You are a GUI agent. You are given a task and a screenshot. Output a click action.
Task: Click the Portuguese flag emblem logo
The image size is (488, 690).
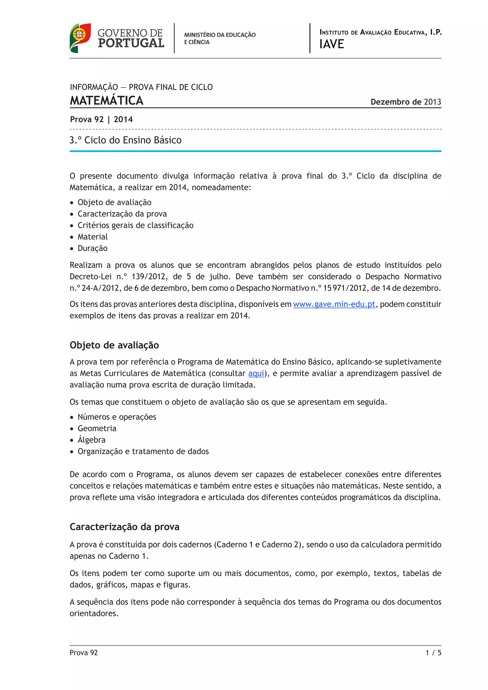coord(80,38)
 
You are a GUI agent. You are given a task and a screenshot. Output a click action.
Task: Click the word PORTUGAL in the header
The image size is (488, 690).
coord(131,43)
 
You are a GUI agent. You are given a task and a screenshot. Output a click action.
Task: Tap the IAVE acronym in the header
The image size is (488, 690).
coord(331,44)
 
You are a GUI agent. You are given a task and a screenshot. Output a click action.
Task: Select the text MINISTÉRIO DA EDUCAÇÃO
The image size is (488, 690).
coord(220,35)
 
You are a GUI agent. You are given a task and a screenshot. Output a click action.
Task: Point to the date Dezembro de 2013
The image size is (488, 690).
coord(406,102)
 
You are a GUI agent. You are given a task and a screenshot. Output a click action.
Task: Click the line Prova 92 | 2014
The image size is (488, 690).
coord(101,119)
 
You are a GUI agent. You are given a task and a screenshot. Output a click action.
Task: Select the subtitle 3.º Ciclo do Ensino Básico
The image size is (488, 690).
coord(126,140)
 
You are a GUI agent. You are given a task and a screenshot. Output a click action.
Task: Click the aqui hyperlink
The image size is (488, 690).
coord(256,373)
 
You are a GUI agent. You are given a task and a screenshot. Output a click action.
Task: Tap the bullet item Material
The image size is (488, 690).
coord(92,237)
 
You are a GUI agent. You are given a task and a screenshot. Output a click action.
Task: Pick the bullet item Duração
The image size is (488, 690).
coord(92,248)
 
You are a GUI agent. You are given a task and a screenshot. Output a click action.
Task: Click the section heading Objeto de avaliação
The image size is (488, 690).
coord(114,345)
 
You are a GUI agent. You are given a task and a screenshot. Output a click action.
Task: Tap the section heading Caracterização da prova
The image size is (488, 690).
coord(124,527)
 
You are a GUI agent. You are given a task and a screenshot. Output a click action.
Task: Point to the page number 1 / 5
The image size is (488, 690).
coord(433,653)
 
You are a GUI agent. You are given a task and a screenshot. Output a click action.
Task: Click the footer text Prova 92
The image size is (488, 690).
coord(84,653)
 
